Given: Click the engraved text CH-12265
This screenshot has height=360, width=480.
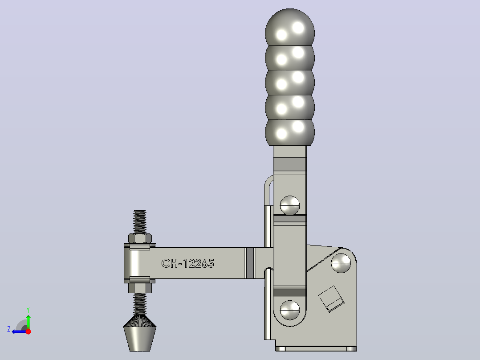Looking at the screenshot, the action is coord(187,263).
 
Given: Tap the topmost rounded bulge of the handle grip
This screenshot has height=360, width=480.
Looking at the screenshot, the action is coord(289,28).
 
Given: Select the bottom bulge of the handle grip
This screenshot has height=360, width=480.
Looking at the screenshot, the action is coord(289,132).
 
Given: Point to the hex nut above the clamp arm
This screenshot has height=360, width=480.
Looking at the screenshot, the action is coord(140,238).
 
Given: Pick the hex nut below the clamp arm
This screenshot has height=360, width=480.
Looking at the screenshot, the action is coord(140,288).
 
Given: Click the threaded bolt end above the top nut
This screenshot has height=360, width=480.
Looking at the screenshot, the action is coord(140,222).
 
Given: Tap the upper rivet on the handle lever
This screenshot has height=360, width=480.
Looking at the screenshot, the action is coord(289,205).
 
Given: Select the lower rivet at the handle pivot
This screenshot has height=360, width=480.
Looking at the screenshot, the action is coord(289,310).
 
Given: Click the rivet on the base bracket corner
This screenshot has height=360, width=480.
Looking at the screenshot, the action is coord(341,262).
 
